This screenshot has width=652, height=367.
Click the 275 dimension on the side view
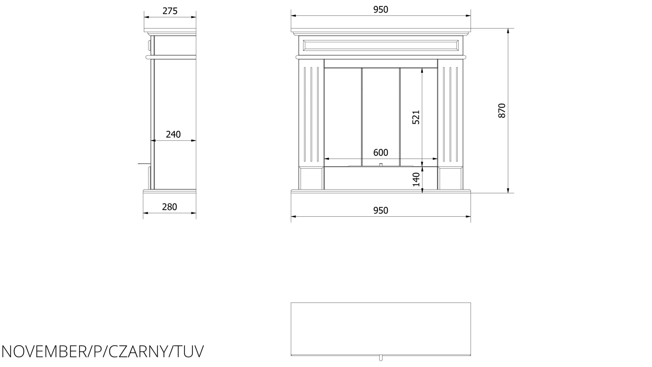[x=170, y=11]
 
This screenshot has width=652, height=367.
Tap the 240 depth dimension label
[x=173, y=134]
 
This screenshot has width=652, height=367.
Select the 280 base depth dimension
[x=169, y=207]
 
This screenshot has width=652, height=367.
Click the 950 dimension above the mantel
[x=381, y=10]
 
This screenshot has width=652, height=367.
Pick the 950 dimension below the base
[x=381, y=211]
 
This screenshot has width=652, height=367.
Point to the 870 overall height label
[x=502, y=111]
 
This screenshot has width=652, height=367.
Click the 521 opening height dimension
[x=416, y=117]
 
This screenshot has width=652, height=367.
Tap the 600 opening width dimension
[x=381, y=153]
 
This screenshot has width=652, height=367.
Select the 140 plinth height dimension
[x=416, y=179]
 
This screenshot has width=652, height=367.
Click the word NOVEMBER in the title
[x=43, y=352]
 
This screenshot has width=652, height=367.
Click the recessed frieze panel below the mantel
[x=381, y=45]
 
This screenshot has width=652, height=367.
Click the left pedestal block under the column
[x=311, y=178]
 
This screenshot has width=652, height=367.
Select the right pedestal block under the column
[x=450, y=178]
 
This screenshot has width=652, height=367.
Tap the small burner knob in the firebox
[x=381, y=165]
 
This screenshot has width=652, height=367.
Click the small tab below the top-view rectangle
[x=381, y=358]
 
